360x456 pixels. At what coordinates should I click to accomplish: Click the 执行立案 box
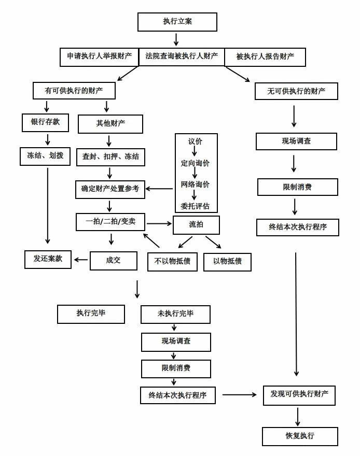click(x=177, y=22)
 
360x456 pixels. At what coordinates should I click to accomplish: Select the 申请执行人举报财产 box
click(x=99, y=56)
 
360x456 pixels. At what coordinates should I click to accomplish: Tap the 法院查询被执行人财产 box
click(x=181, y=56)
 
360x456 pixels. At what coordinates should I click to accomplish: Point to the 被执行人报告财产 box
click(x=265, y=56)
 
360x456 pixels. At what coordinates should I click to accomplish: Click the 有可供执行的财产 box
click(x=74, y=91)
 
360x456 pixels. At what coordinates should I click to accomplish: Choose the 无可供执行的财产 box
click(x=296, y=91)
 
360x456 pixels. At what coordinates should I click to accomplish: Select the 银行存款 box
click(x=46, y=123)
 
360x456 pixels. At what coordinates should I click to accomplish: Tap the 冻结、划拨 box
click(x=45, y=155)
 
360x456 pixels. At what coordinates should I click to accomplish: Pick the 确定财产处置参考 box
click(x=110, y=189)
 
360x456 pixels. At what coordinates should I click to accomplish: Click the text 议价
click(x=195, y=141)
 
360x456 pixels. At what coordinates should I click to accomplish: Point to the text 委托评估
click(x=195, y=205)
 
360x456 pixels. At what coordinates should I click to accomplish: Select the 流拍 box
click(x=196, y=224)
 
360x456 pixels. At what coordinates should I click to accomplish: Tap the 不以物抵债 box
click(x=172, y=261)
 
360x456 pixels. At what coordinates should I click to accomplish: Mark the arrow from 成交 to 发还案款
click(x=81, y=259)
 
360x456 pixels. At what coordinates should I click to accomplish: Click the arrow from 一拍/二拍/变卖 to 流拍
click(x=159, y=224)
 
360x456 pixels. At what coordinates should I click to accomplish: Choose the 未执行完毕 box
click(x=176, y=314)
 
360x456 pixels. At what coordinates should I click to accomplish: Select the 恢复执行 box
click(x=300, y=436)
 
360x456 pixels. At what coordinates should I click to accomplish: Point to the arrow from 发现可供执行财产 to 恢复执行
click(x=298, y=416)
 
